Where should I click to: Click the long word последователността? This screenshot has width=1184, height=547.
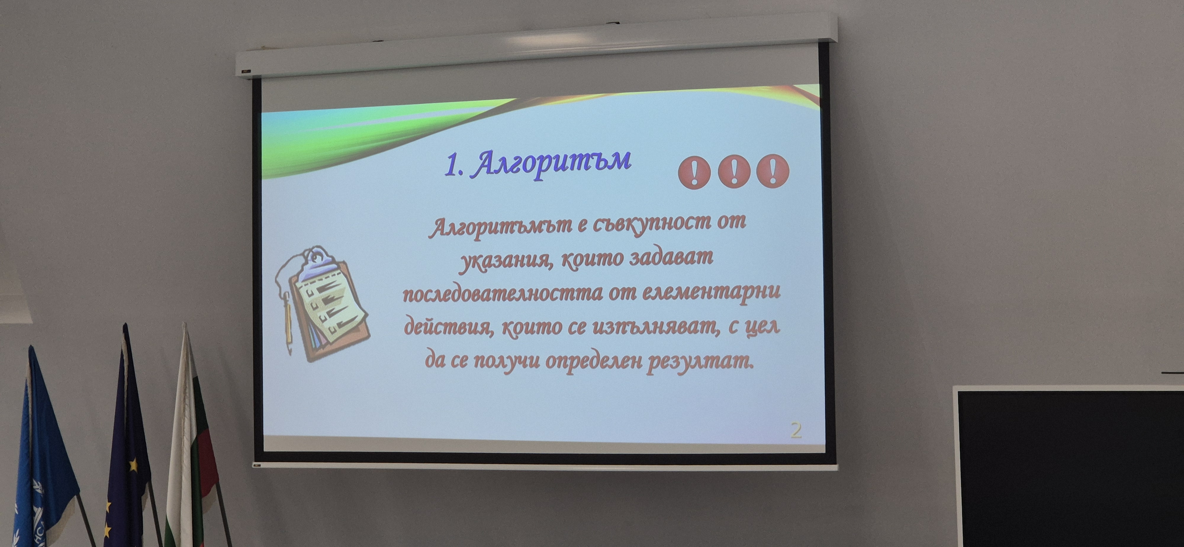(502, 293)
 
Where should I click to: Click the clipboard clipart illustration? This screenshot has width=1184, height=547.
(324, 303)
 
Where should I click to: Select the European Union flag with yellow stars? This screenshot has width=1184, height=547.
(129, 441)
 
